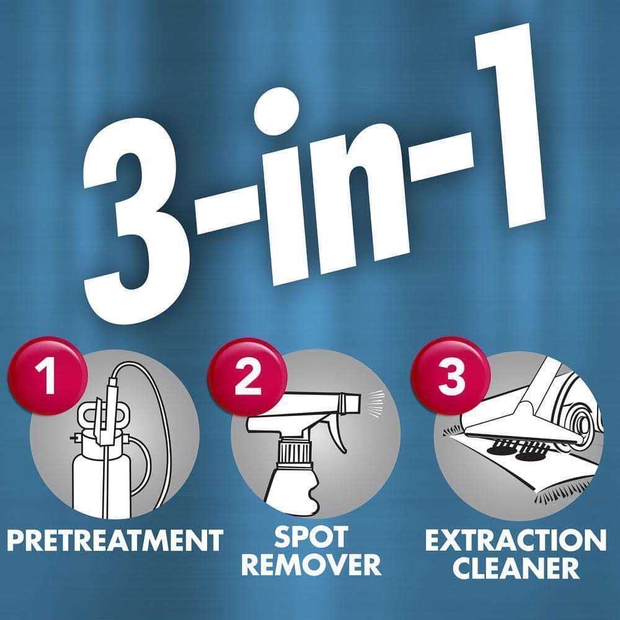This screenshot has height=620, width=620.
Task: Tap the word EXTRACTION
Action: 515,541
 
